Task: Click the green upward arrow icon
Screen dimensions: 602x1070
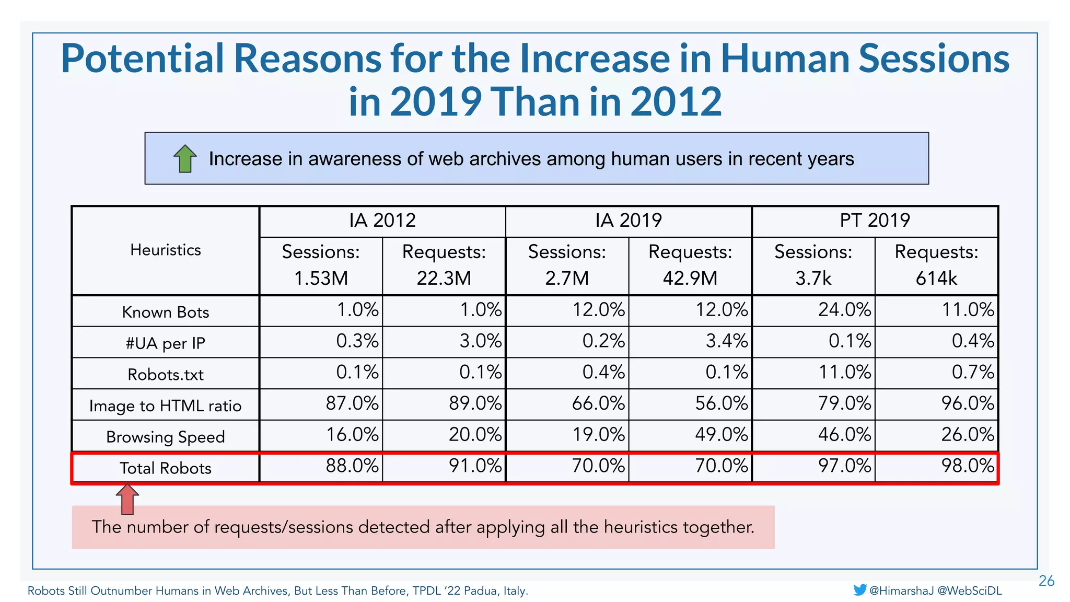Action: pos(184,159)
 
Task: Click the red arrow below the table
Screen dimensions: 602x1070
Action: pos(127,499)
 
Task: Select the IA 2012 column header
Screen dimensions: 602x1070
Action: pos(382,221)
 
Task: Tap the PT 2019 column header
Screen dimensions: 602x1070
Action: pos(875,221)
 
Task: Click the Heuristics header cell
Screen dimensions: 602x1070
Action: pos(165,250)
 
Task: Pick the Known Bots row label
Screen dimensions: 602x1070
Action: pos(165,312)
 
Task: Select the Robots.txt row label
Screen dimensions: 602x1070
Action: pos(165,374)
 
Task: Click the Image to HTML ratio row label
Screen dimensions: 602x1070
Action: pos(165,406)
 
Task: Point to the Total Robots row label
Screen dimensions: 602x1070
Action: pos(165,468)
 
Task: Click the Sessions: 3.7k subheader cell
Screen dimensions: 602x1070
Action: pos(813,265)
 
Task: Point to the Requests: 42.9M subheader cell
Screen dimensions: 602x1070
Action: pos(690,265)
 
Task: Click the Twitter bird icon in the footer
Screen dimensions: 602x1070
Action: pos(859,590)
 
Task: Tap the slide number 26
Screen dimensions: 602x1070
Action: pos(1046,581)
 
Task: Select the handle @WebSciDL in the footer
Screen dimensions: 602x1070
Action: pos(970,591)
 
